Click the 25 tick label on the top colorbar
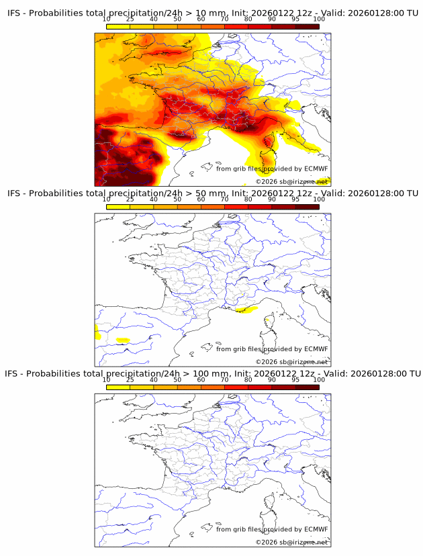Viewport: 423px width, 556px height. point(130,19)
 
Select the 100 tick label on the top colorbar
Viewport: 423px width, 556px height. point(319,19)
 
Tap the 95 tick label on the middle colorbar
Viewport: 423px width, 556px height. point(295,199)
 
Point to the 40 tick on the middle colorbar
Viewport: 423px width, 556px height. point(154,199)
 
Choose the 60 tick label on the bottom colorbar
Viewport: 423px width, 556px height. point(201,379)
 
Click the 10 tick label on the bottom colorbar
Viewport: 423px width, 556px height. point(107,379)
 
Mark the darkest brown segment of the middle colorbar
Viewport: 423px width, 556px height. point(307,206)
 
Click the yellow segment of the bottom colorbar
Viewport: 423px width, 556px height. point(118,386)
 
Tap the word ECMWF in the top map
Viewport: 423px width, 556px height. point(316,169)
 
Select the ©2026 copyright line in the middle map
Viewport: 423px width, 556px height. point(292,362)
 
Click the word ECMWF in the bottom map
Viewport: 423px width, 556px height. point(316,529)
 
